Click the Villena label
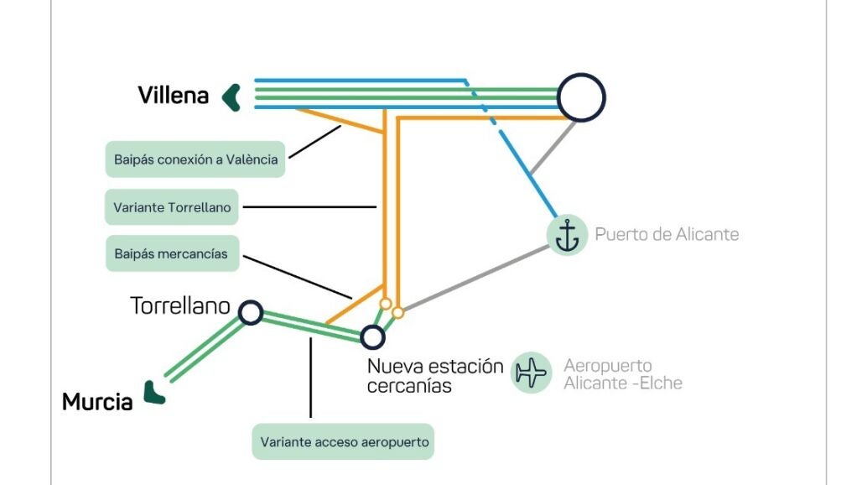click(x=173, y=96)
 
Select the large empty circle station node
click(x=581, y=97)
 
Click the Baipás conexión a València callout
click(x=195, y=159)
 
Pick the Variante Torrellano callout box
click(x=172, y=206)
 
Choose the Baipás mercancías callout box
click(x=172, y=253)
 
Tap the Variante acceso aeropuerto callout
click(x=343, y=441)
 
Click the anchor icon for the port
click(x=568, y=235)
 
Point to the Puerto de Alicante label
click(x=667, y=234)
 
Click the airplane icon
click(x=531, y=372)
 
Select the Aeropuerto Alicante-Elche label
click(x=622, y=374)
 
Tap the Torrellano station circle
click(x=250, y=313)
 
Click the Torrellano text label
click(x=179, y=306)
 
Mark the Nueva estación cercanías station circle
click(x=372, y=337)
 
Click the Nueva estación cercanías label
click(x=434, y=376)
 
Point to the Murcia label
click(x=97, y=402)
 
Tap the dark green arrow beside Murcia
click(x=153, y=393)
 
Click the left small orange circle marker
click(x=385, y=304)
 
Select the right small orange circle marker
click(x=397, y=313)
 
